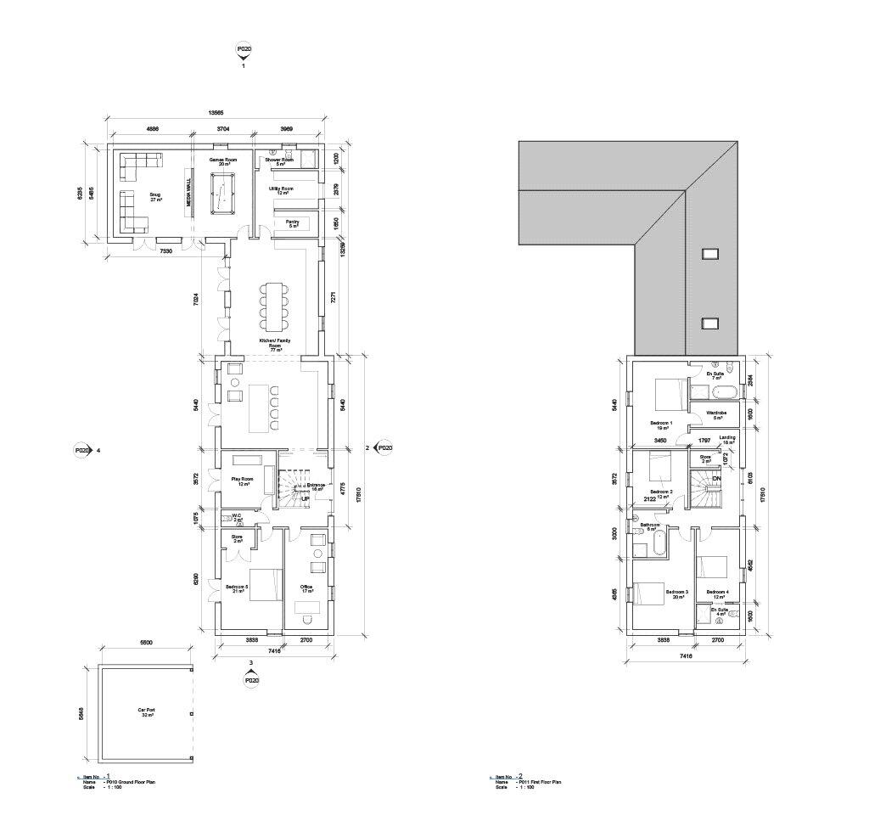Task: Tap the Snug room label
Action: pyautogui.click(x=155, y=197)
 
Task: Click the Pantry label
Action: pyautogui.click(x=293, y=224)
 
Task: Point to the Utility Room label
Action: pyautogui.click(x=281, y=190)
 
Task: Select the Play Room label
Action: pyautogui.click(x=243, y=481)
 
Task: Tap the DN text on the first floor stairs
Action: pyautogui.click(x=717, y=480)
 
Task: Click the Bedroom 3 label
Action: pyautogui.click(x=676, y=593)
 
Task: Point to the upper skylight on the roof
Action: pyautogui.click(x=710, y=253)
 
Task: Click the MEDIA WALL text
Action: pyautogui.click(x=189, y=196)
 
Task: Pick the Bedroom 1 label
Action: pyautogui.click(x=661, y=425)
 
